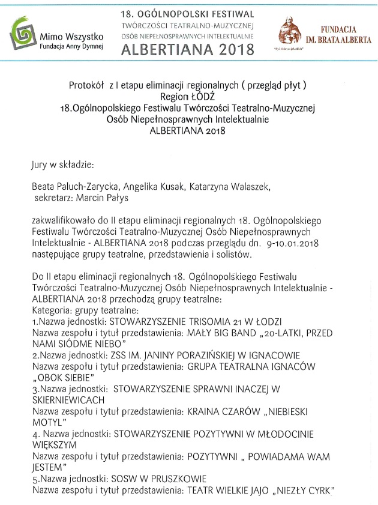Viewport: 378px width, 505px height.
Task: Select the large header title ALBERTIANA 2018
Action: (x=187, y=49)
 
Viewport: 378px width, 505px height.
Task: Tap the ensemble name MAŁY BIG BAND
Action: (x=227, y=333)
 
